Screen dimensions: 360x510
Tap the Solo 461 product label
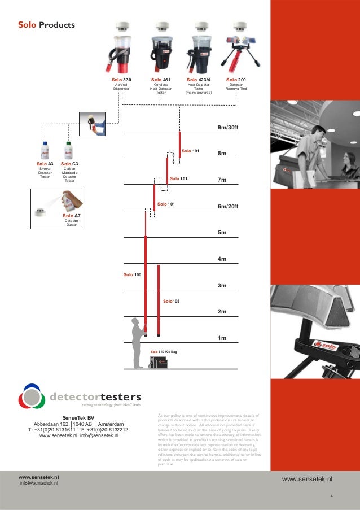coord(161,80)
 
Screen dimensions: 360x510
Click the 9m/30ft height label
coord(228,128)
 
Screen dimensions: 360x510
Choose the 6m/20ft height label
coord(228,206)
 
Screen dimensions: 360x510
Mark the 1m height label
coord(222,338)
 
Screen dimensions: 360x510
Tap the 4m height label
coord(222,259)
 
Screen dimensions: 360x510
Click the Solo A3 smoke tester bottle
coord(45,151)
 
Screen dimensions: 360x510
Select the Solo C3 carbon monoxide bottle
coord(69,151)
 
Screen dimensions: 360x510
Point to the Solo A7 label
coord(71,216)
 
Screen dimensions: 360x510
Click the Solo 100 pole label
coord(132,274)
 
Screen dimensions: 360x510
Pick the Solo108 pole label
coord(171,302)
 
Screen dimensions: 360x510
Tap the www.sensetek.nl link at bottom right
coord(306,479)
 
